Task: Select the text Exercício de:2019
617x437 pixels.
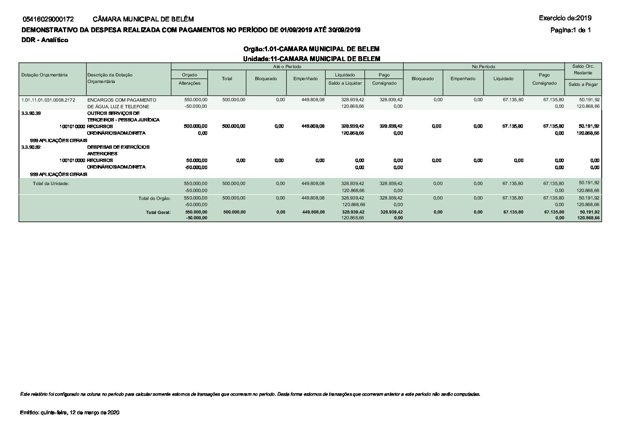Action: [x=565, y=18]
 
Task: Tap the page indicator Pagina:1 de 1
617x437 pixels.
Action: [x=571, y=30]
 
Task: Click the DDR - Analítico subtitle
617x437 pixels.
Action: [x=45, y=40]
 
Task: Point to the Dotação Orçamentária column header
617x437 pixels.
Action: [x=44, y=75]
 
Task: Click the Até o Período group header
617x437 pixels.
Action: [x=287, y=66]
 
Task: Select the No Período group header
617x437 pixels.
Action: [x=484, y=66]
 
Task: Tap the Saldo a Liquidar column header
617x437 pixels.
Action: [x=345, y=83]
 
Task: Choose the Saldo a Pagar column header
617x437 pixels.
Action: [x=583, y=84]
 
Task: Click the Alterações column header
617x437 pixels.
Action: [x=189, y=83]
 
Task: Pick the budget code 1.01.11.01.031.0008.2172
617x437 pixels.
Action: [x=48, y=100]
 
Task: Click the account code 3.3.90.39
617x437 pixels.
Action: [x=31, y=113]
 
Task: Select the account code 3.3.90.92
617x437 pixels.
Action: [x=31, y=147]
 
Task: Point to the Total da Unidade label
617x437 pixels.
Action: [x=51, y=183]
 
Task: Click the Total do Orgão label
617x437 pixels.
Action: [x=154, y=198]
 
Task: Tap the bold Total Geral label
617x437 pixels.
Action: [x=158, y=212]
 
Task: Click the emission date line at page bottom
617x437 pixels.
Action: [x=70, y=413]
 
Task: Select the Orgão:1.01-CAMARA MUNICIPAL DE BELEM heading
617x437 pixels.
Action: [x=311, y=49]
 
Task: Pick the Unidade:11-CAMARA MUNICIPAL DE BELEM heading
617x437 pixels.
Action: [x=311, y=59]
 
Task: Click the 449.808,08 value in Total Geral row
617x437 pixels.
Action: [x=313, y=212]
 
